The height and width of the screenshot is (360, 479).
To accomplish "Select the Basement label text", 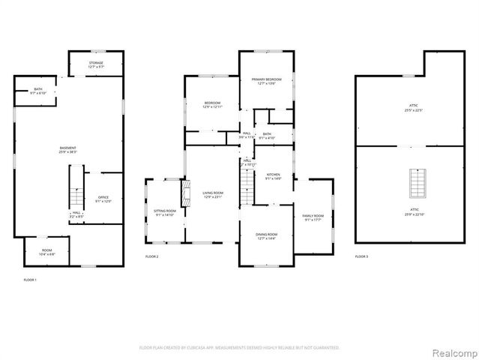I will tap(67, 149).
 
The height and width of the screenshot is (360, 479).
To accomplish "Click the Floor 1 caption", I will tap(30, 279).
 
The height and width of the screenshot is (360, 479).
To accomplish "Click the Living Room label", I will tap(213, 194).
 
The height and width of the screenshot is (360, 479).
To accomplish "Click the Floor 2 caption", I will tap(152, 257).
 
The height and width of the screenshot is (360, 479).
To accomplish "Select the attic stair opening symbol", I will tap(416, 182).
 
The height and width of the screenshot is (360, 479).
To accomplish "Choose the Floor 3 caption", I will tap(361, 256).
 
